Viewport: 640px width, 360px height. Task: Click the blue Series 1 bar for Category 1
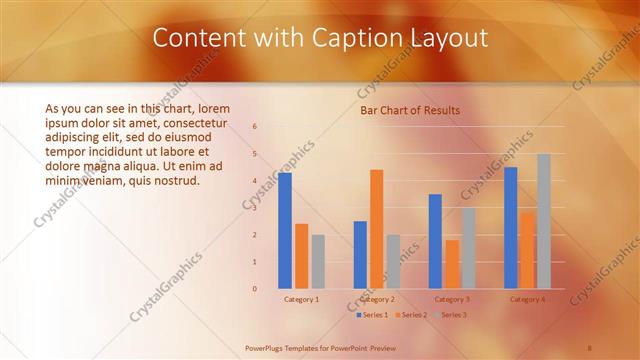click(x=285, y=231)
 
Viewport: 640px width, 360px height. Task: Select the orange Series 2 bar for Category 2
click(x=376, y=229)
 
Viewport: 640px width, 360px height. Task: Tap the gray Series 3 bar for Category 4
click(x=543, y=221)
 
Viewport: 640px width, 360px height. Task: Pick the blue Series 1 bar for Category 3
click(x=435, y=241)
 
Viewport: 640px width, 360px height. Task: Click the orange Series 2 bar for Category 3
click(x=452, y=264)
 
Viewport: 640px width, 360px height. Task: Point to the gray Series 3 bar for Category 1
click(x=318, y=261)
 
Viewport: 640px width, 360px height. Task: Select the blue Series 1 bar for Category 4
click(x=511, y=228)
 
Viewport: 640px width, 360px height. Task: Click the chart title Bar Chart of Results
click(x=410, y=110)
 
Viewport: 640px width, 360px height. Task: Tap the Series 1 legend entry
click(x=373, y=315)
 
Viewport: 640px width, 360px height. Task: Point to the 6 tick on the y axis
click(x=255, y=127)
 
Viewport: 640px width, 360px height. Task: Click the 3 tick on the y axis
click(x=255, y=208)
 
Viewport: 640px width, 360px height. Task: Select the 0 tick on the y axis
click(x=255, y=289)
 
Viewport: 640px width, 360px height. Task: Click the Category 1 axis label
click(x=302, y=299)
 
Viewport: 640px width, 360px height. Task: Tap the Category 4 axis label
click(x=527, y=299)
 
